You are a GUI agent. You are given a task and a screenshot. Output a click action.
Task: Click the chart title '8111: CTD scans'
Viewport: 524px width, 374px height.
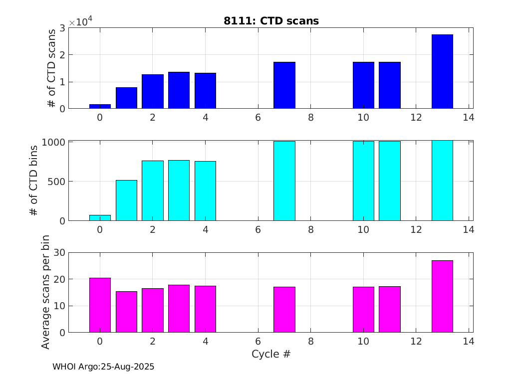click(271, 21)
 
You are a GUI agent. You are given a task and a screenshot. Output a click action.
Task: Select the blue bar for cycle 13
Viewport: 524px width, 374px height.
click(442, 71)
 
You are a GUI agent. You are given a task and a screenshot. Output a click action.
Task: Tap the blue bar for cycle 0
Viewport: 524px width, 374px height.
click(100, 106)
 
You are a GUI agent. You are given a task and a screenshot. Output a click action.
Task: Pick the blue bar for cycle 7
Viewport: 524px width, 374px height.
click(284, 85)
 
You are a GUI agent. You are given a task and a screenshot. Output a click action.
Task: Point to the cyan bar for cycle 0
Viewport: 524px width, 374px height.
click(100, 218)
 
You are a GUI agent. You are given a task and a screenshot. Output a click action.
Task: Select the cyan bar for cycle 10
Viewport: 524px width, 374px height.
click(363, 181)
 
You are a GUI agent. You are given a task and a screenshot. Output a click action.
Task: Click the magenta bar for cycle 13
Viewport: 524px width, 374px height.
click(442, 296)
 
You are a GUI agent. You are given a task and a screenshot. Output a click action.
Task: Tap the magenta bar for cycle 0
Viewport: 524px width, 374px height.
click(100, 305)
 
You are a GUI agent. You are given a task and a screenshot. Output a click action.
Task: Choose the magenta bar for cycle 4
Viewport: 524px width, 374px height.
click(205, 309)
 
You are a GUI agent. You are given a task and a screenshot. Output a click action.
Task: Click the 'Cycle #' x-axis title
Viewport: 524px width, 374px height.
click(271, 355)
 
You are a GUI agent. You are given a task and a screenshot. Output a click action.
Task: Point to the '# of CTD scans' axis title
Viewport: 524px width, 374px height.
click(51, 68)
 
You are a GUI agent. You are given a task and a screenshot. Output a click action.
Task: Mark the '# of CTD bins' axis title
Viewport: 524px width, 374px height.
click(34, 181)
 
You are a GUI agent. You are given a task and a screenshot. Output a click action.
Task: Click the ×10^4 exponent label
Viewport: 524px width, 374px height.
click(80, 22)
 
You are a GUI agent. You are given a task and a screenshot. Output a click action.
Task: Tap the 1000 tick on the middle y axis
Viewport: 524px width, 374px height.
click(52, 142)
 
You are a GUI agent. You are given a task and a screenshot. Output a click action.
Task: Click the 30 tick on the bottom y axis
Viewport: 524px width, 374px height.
click(59, 252)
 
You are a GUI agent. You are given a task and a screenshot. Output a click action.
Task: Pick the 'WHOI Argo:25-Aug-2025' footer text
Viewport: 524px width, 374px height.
click(103, 367)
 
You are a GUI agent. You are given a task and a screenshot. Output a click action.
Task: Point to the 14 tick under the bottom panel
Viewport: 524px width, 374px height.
click(468, 342)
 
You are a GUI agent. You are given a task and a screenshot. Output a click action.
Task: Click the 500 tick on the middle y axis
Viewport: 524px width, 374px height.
click(55, 182)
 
